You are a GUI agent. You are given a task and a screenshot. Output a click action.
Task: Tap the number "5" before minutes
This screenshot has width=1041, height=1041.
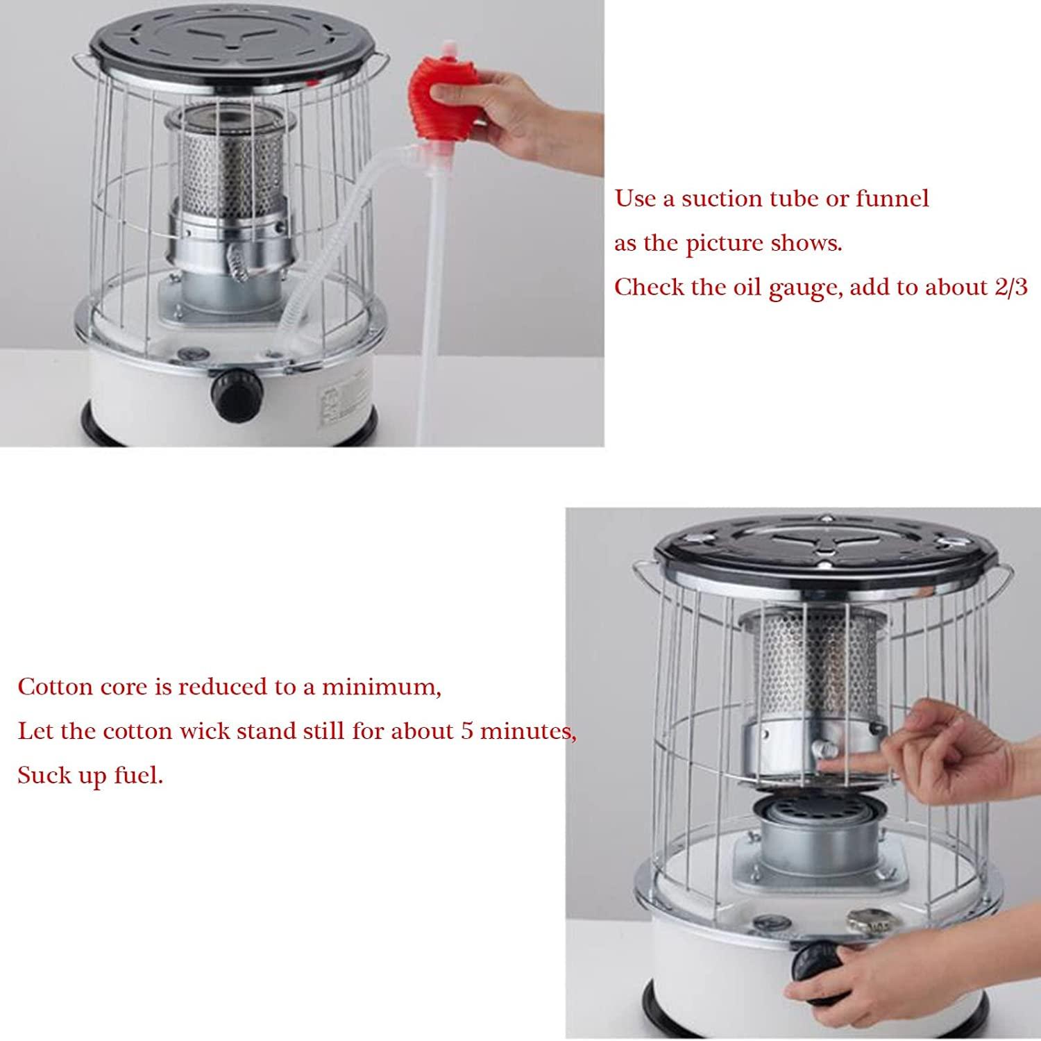(468, 731)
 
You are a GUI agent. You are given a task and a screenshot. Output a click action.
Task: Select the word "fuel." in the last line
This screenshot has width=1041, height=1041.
(139, 775)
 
